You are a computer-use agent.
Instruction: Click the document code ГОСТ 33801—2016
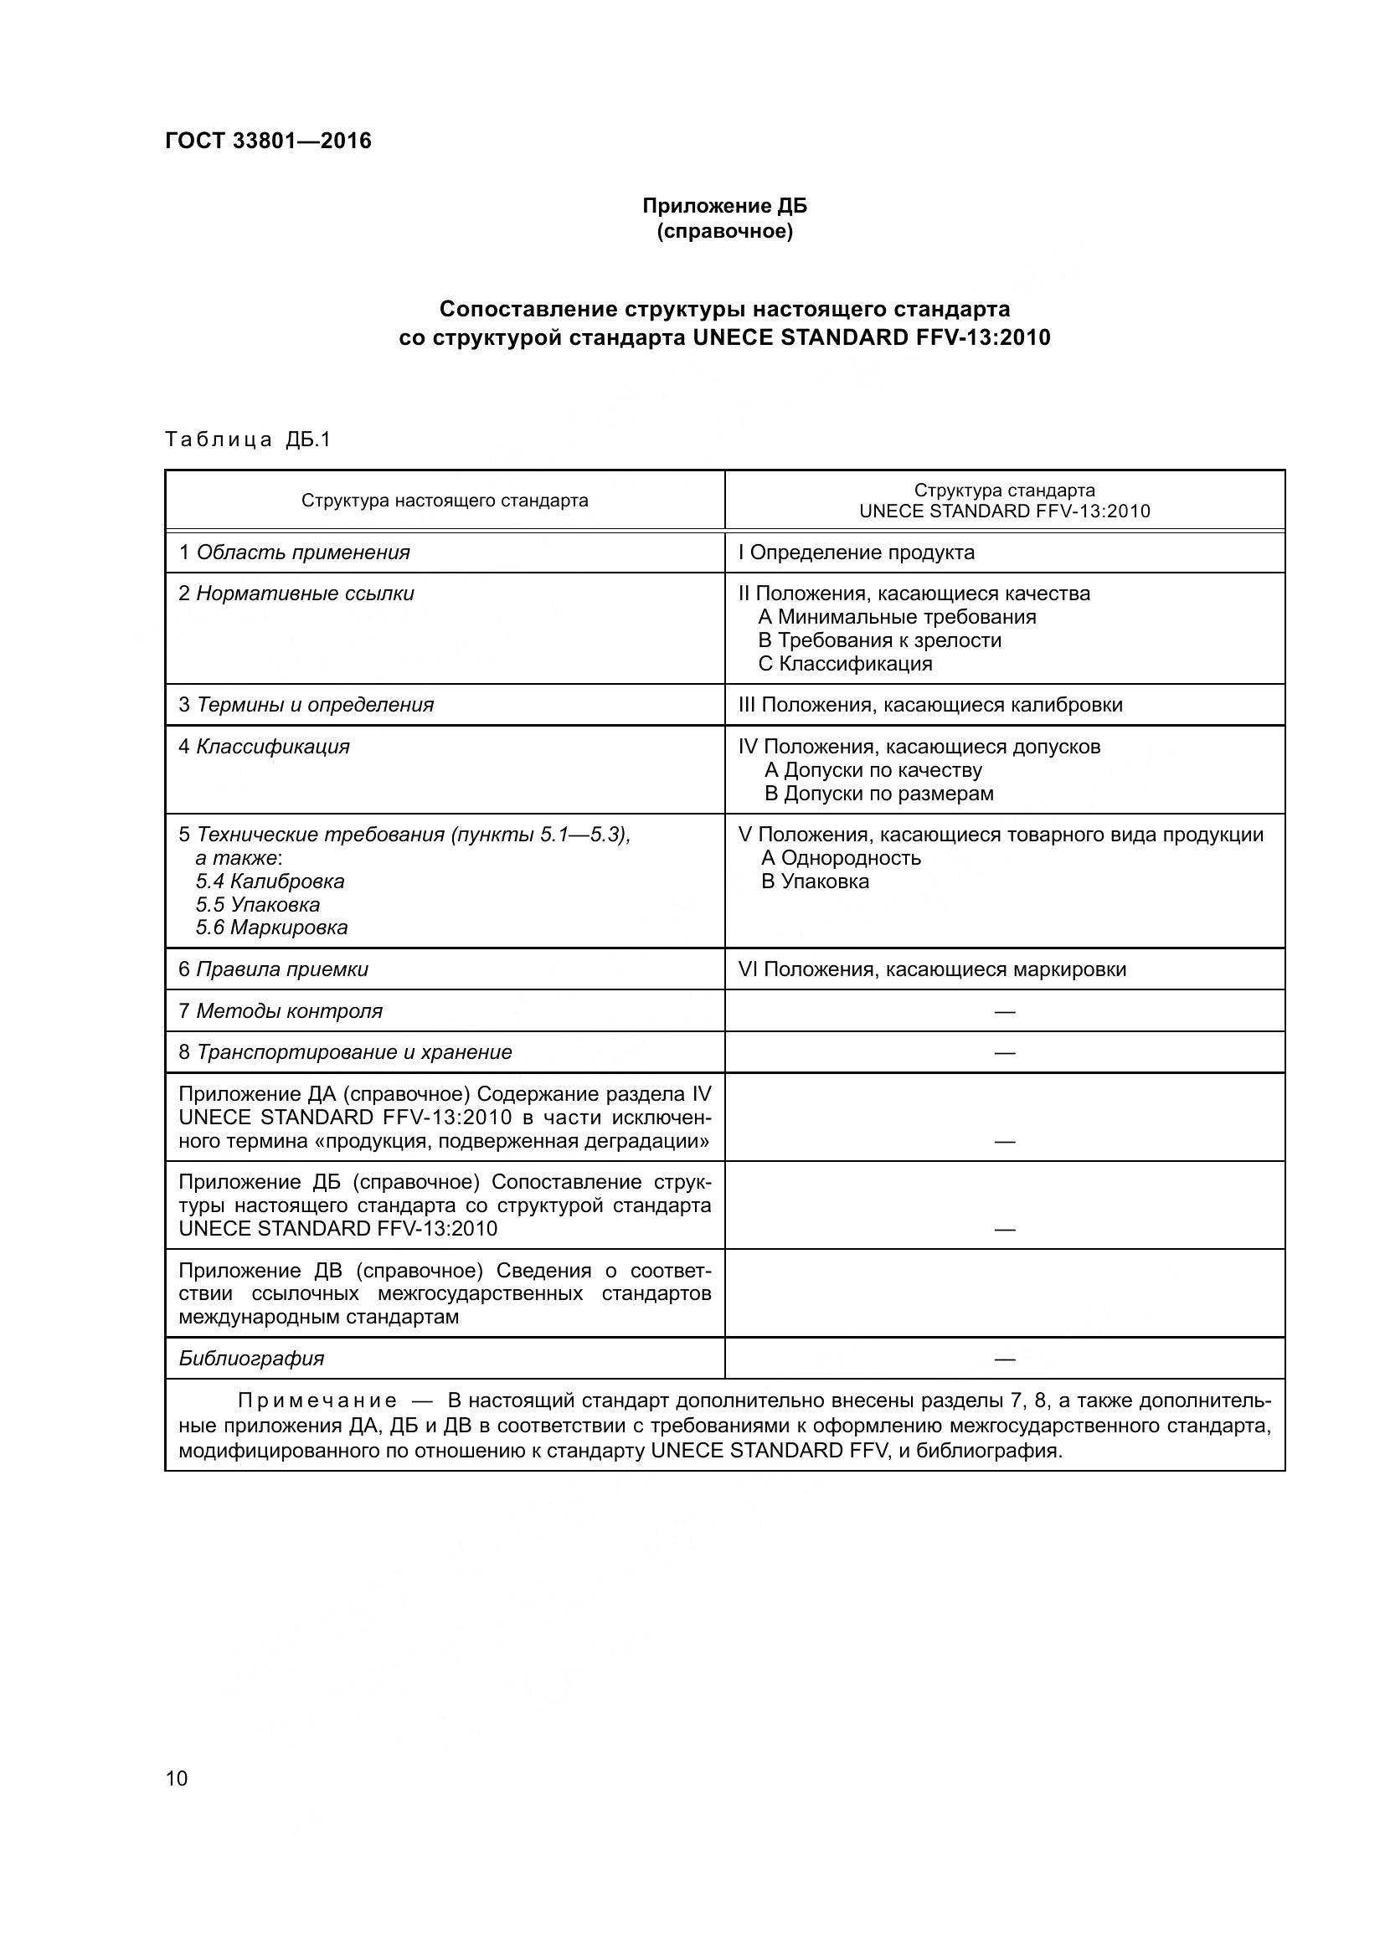point(268,141)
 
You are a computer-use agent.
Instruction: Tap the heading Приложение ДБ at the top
point(724,207)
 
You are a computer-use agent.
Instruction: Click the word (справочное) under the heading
point(724,232)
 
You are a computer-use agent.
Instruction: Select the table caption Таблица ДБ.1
point(247,440)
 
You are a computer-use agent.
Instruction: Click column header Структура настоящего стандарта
point(445,501)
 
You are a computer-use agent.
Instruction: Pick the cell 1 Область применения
point(294,552)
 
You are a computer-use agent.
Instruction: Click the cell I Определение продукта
point(857,552)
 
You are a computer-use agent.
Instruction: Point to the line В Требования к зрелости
point(879,640)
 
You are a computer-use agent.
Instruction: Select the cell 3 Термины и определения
point(306,705)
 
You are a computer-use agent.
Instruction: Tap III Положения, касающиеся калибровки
point(930,705)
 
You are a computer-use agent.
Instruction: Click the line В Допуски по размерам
point(878,794)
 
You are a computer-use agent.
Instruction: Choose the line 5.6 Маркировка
point(271,928)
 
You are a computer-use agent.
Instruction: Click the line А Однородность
point(841,858)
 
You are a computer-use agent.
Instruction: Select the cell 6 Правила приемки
point(274,969)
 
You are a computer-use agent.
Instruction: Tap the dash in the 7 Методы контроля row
point(1005,1012)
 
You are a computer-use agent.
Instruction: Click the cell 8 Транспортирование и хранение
point(345,1052)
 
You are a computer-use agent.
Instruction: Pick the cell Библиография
point(251,1359)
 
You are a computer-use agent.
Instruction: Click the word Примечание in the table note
point(317,1401)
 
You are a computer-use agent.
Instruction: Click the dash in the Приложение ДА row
point(1005,1142)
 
